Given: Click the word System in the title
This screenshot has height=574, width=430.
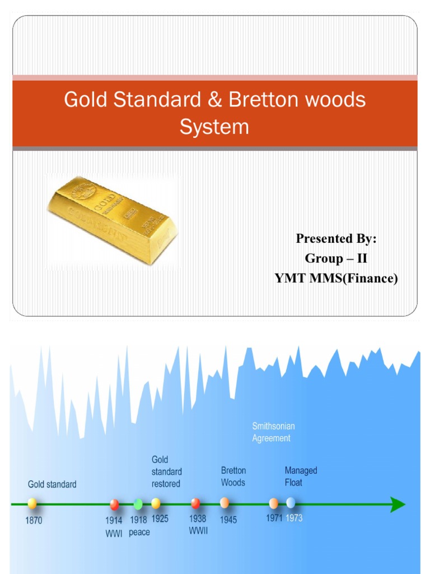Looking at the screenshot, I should click(214, 127).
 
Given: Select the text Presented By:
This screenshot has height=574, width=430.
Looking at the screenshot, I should click(336, 239).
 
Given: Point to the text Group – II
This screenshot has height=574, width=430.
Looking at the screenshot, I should click(336, 258).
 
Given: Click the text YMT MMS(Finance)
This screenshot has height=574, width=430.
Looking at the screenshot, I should click(336, 278).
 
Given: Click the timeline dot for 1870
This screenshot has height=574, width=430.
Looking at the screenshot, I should click(32, 503).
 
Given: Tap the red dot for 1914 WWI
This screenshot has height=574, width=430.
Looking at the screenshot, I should click(114, 504).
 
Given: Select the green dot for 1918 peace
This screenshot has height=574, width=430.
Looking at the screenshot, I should click(138, 503).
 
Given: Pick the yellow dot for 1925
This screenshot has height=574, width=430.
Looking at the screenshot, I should click(156, 503).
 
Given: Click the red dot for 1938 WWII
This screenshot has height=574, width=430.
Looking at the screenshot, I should click(195, 503).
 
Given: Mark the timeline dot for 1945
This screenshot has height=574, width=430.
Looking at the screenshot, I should click(225, 503).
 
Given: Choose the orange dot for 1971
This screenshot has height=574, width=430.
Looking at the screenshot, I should click(274, 503).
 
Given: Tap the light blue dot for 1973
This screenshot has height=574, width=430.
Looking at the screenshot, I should click(291, 502).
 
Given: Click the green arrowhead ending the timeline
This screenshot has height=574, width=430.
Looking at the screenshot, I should click(398, 504).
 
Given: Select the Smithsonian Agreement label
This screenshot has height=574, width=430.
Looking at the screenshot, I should click(272, 432).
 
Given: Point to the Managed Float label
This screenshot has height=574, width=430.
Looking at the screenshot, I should click(301, 476).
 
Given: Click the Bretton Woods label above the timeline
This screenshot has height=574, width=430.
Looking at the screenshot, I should click(233, 476).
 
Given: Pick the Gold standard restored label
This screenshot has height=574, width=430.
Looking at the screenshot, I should click(166, 471).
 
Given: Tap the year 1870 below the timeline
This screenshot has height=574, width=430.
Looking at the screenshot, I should click(34, 520).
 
